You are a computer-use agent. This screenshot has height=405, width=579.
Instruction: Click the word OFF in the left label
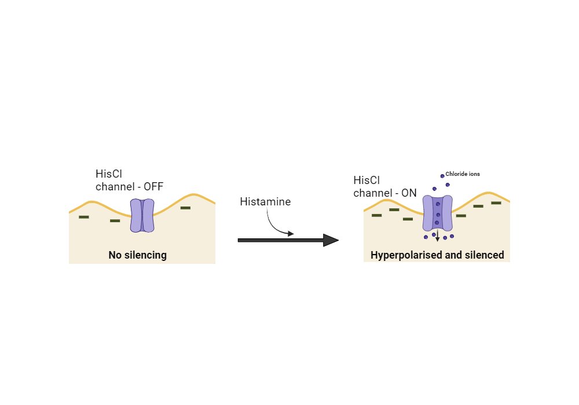(x=153, y=187)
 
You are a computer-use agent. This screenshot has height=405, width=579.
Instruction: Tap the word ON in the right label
(x=409, y=193)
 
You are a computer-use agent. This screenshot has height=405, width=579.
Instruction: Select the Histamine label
(x=265, y=202)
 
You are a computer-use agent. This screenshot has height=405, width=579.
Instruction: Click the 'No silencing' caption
(x=137, y=255)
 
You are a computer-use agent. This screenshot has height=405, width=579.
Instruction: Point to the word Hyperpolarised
(x=404, y=255)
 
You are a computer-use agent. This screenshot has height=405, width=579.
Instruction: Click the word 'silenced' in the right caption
(x=485, y=255)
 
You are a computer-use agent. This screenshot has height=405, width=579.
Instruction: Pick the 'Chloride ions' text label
(x=463, y=174)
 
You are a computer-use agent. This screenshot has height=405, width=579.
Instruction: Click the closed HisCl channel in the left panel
(x=142, y=216)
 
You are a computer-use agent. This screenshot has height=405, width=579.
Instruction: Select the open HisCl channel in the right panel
(x=437, y=212)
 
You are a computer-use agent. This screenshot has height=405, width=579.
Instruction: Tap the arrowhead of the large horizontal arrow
(x=330, y=240)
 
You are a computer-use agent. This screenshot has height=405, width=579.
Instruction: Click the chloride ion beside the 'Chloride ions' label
(x=442, y=175)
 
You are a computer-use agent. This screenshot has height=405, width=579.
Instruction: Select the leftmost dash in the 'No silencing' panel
(x=84, y=217)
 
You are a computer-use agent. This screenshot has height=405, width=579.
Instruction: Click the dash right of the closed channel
(x=185, y=207)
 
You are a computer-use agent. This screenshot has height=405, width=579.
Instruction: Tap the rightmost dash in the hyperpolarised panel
(x=496, y=203)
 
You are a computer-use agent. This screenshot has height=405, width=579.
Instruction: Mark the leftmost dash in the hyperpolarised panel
(x=377, y=215)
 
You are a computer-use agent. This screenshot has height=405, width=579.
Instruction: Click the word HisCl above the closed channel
(x=108, y=174)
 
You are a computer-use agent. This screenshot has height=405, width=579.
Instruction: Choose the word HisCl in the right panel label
(x=366, y=181)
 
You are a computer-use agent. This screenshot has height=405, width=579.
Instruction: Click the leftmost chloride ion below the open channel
(x=426, y=237)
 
